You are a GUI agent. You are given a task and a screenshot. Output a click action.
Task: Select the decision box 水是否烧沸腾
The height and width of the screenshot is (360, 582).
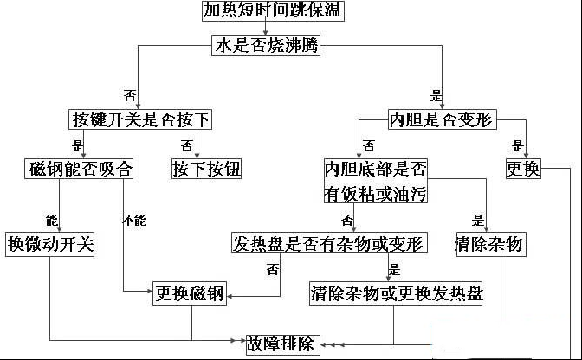coord(266,46)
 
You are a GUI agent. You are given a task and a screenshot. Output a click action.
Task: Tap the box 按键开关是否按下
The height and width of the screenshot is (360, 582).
coord(140,119)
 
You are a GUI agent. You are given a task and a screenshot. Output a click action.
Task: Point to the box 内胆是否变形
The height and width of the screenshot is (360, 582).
coord(442,119)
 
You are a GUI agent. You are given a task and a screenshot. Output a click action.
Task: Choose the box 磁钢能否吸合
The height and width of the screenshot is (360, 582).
coord(80,169)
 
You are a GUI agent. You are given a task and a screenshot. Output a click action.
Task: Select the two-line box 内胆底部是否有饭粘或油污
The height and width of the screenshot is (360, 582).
coord(376,181)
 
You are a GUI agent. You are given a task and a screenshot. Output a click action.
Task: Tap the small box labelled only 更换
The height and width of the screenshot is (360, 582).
coord(524,169)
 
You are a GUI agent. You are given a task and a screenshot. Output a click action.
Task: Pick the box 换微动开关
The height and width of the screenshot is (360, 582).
coord(50,243)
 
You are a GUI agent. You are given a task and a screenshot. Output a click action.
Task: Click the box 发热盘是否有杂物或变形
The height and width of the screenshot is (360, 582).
coord(329,243)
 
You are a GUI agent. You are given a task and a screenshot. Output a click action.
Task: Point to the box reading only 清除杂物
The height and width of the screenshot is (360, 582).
coord(489,243)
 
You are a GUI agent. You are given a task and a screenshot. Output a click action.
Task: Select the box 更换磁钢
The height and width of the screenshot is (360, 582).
coord(190,293)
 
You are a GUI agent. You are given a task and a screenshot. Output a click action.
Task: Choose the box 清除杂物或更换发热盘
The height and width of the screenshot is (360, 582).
coord(396,293)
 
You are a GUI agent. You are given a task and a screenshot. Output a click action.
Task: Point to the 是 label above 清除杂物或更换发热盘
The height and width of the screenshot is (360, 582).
coord(395,269)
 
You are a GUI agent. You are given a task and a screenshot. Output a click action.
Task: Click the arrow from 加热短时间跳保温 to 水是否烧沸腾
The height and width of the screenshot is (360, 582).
coord(264,29)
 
